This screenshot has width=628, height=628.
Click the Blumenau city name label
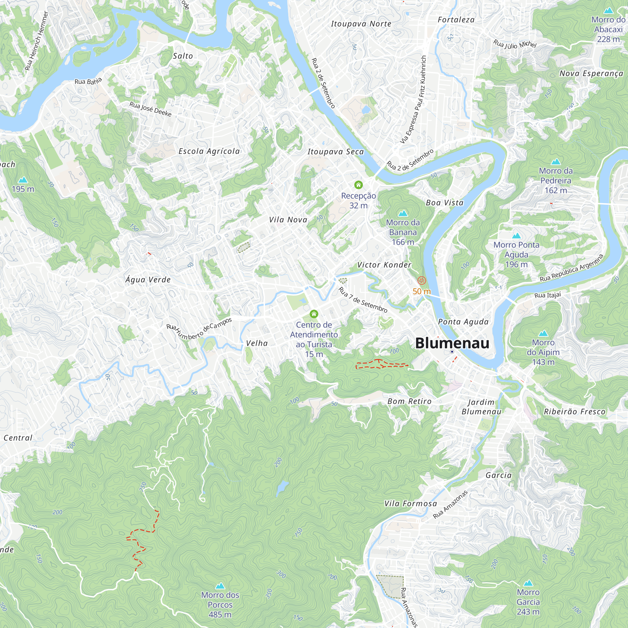click(x=452, y=343)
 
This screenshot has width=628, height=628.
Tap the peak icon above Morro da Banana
click(x=403, y=213)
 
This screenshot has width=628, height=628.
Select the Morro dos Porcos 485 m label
click(x=220, y=604)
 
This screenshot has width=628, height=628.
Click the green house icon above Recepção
click(x=358, y=185)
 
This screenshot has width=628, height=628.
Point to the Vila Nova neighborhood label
click(x=288, y=220)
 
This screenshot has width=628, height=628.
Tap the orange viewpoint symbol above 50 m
click(x=422, y=280)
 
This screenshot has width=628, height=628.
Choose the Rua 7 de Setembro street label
click(x=363, y=300)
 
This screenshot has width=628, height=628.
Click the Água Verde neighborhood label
click(x=148, y=279)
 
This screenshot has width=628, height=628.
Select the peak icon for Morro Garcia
click(x=528, y=583)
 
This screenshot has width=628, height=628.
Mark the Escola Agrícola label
click(x=209, y=151)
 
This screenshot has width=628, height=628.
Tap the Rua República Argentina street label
click(x=571, y=268)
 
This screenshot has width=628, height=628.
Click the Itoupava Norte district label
click(x=361, y=24)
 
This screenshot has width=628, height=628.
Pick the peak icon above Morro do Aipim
click(x=543, y=333)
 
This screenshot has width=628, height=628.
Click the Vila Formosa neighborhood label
click(x=410, y=504)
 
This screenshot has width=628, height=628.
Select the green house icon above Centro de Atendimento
click(x=314, y=314)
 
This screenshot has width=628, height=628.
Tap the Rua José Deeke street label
click(x=150, y=109)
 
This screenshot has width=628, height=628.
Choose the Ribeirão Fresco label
click(x=574, y=412)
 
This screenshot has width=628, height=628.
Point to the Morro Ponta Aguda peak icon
click(x=516, y=236)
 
